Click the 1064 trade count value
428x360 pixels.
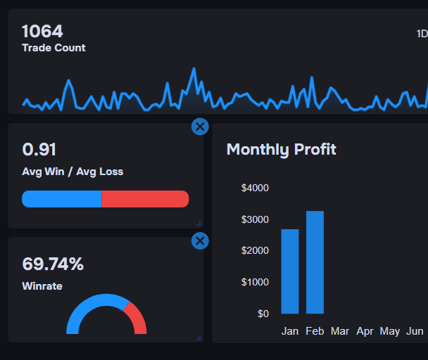click(x=42, y=31)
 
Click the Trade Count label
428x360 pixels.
click(x=53, y=48)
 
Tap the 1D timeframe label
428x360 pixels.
click(x=422, y=34)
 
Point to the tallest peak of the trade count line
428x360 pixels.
click(x=193, y=70)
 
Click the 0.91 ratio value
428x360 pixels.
click(x=39, y=150)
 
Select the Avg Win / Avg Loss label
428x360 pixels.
click(x=73, y=172)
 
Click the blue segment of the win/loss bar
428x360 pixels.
click(x=61, y=199)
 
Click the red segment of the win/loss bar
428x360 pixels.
click(x=145, y=199)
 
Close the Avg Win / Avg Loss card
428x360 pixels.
click(x=200, y=127)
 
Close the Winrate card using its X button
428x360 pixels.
click(x=200, y=241)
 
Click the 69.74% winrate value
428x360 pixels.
click(x=53, y=264)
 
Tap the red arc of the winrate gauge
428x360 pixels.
click(x=137, y=318)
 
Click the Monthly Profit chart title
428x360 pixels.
click(x=281, y=149)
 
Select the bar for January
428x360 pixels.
click(x=290, y=271)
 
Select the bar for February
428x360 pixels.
click(x=315, y=262)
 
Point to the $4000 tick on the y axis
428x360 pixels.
click(x=255, y=188)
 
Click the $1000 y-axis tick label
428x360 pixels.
click(x=255, y=282)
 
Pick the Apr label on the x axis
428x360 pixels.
click(x=365, y=330)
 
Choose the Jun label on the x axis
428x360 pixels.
click(x=415, y=330)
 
